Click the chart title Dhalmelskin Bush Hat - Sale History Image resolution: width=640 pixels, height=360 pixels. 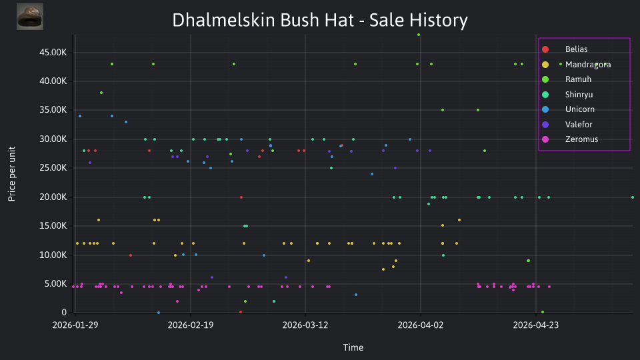(x=320, y=20)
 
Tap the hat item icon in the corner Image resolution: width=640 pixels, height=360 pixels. (x=30, y=17)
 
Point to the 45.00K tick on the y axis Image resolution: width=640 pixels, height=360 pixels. (x=53, y=52)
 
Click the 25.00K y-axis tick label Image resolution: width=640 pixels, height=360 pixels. (x=53, y=168)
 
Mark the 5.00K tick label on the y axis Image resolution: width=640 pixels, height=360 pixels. (x=55, y=284)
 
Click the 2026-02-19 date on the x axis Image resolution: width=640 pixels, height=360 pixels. (x=190, y=325)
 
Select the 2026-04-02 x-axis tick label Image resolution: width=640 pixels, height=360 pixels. (x=421, y=325)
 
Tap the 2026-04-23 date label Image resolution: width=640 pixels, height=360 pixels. (x=535, y=325)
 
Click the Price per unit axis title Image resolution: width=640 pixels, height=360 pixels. (x=12, y=174)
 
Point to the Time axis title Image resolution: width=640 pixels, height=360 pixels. (x=353, y=347)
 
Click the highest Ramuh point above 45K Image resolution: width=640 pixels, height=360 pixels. (x=419, y=35)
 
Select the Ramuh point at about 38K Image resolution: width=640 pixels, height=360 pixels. (x=101, y=93)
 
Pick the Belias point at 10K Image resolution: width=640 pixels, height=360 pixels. (x=131, y=255)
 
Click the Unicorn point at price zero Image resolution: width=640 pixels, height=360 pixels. (x=159, y=313)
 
